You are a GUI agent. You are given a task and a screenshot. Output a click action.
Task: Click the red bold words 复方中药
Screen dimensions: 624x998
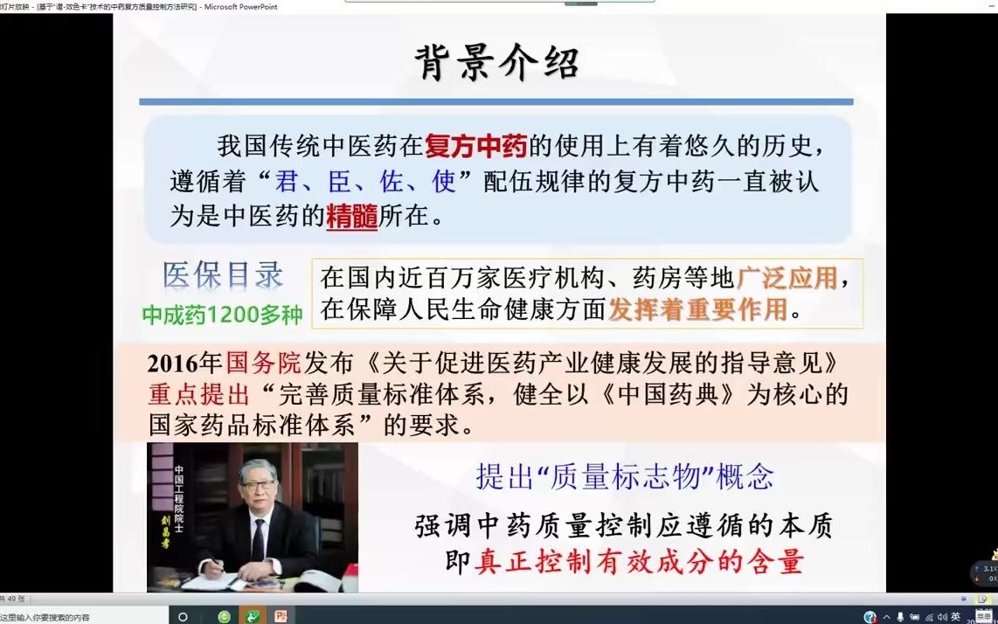click(x=477, y=146)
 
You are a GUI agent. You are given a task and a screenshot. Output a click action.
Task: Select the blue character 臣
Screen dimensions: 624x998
click(x=340, y=182)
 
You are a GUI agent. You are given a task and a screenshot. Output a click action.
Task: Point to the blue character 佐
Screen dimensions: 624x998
click(x=392, y=182)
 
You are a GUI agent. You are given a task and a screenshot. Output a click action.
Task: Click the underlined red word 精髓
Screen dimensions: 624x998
click(x=351, y=216)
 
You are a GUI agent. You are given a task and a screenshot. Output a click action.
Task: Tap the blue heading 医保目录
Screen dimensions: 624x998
click(x=223, y=275)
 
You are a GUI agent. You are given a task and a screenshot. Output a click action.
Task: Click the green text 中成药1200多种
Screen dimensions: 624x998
click(x=222, y=315)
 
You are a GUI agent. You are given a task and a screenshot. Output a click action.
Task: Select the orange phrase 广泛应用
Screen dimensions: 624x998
click(x=787, y=278)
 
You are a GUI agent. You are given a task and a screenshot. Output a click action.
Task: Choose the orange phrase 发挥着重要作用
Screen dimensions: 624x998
click(x=697, y=309)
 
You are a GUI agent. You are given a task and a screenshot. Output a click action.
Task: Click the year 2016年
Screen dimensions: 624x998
click(x=185, y=363)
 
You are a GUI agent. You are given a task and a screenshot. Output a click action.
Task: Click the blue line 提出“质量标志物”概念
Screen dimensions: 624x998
click(x=624, y=476)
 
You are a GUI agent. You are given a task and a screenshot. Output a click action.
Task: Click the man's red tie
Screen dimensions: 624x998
click(x=258, y=537)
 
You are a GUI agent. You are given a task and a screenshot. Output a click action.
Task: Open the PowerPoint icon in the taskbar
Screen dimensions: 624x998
click(x=280, y=616)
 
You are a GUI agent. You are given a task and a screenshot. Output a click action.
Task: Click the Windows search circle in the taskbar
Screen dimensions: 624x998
click(x=183, y=616)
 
